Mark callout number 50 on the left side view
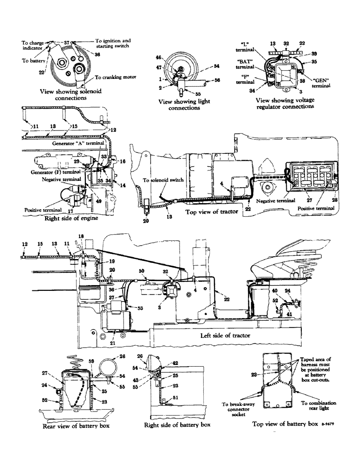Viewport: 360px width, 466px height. pyautogui.click(x=142, y=271)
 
